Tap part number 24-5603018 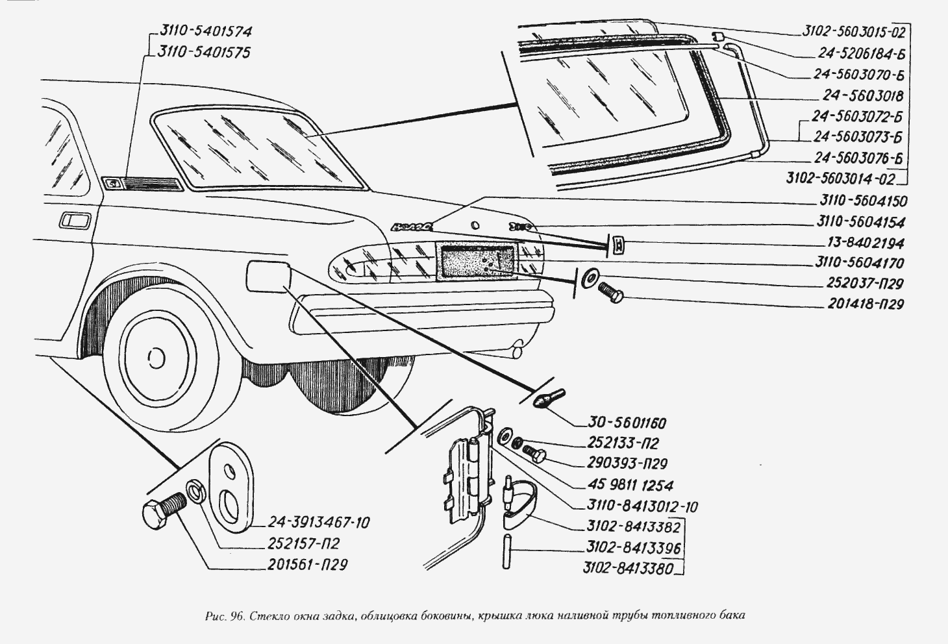coord(863,96)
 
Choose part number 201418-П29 coord(866,304)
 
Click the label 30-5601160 coord(629,423)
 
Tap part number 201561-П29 coord(307,565)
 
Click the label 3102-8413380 coord(627,570)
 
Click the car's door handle coord(76,221)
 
